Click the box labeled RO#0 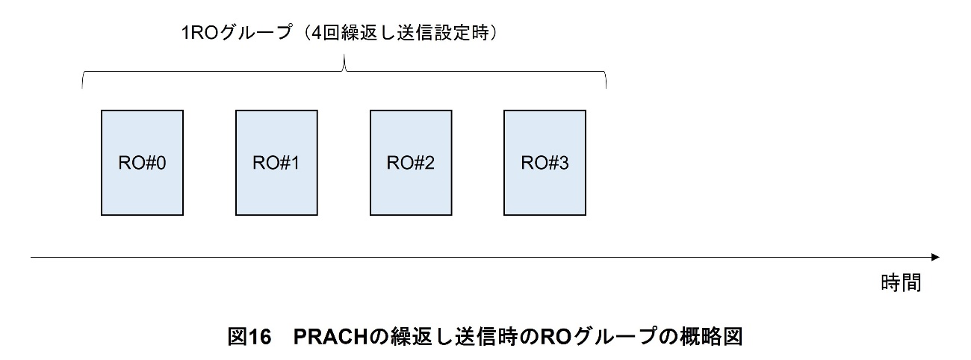click(x=142, y=163)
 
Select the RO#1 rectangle click(x=276, y=163)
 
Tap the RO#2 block click(x=411, y=163)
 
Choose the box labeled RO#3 click(x=545, y=163)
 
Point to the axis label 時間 click(x=900, y=283)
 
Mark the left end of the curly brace click(x=82, y=87)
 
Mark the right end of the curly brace click(x=605, y=87)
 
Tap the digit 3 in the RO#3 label click(x=563, y=163)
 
